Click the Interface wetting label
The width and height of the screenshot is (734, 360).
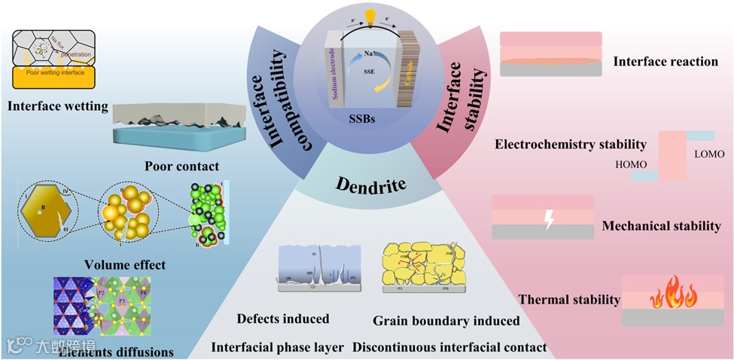tap(58, 106)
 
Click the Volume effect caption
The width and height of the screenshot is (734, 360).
tap(125, 265)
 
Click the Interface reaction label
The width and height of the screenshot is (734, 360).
tap(665, 61)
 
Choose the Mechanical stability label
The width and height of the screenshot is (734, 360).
tap(661, 225)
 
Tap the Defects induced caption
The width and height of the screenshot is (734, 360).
tap(283, 319)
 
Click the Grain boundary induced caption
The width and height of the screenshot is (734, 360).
tap(446, 321)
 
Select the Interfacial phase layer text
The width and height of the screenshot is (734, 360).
tap(278, 347)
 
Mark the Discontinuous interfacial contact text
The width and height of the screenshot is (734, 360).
tap(449, 348)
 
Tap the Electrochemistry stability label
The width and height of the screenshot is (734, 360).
tap(571, 144)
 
